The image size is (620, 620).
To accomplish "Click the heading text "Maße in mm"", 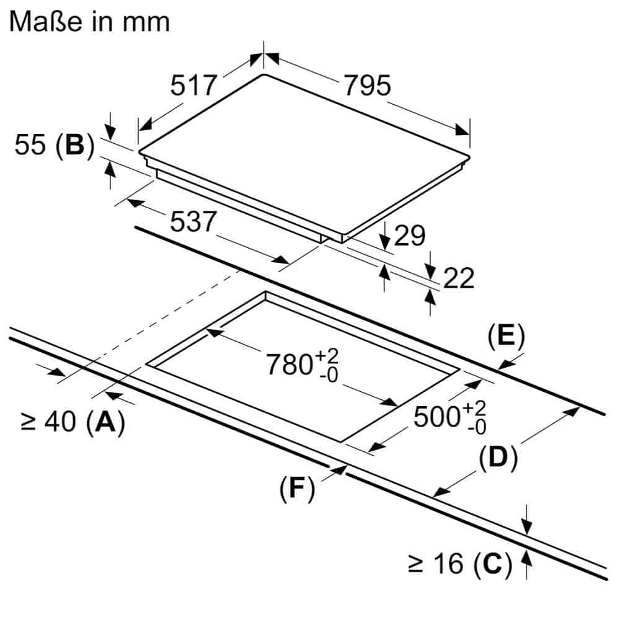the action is coord(89,21).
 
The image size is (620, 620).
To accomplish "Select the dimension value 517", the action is coord(193,85).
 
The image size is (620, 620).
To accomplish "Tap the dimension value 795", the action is coord(367,85).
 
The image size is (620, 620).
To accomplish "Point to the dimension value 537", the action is coord(193,221).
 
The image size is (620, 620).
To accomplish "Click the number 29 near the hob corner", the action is coord(410,236).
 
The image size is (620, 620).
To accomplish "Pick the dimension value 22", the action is coord(459,278).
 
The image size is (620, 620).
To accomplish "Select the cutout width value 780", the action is coord(290,364).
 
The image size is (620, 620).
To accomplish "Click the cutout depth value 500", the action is coord(437,417).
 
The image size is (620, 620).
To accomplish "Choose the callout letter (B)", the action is coord(75,145).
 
